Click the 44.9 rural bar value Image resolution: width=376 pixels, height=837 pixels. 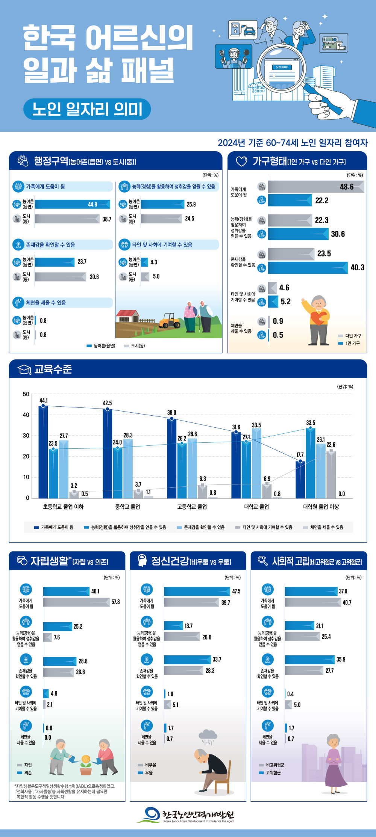point(92,204)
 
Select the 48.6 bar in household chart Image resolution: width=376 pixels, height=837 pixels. point(316,187)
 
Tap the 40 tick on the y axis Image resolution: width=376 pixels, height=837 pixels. point(26,415)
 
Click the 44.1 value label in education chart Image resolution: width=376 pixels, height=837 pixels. point(44,401)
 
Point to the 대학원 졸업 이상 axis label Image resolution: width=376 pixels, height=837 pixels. point(321,507)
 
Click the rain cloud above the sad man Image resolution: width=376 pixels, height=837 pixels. point(208,735)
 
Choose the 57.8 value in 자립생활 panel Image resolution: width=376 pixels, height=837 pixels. point(115,602)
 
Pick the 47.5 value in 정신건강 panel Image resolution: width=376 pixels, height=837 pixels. point(236,591)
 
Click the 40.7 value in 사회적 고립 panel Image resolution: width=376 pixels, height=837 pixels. point(347,602)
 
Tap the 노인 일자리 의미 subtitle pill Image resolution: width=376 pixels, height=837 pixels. point(87,109)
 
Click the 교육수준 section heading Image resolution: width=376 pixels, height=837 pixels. point(53,369)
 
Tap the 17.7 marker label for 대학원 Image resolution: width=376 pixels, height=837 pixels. point(300,455)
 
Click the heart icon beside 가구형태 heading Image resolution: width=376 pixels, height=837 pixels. point(241,161)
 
